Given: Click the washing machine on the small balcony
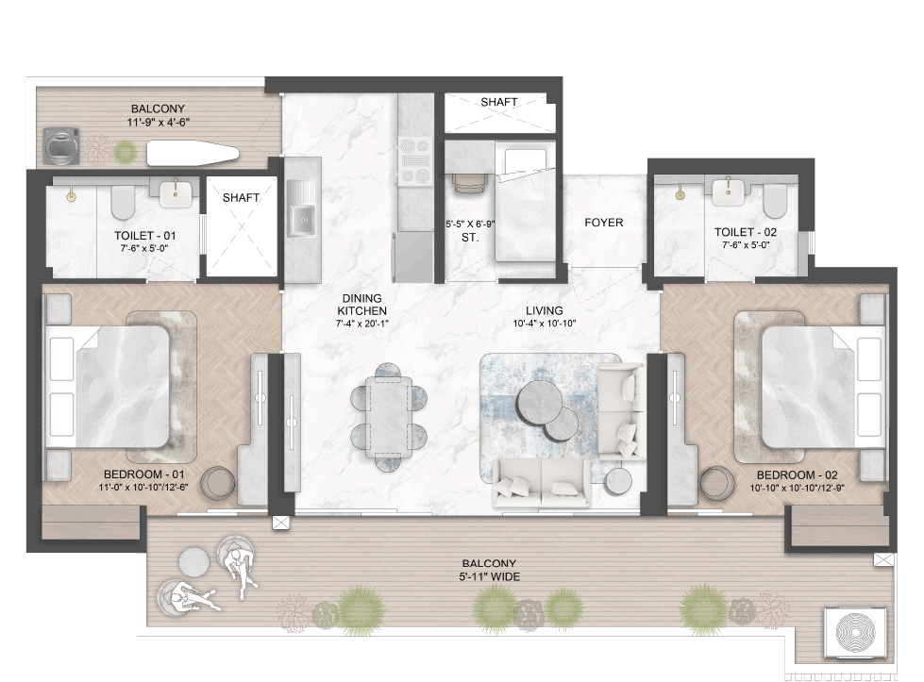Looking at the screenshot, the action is click(x=62, y=146).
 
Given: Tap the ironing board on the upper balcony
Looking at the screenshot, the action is click(x=193, y=153).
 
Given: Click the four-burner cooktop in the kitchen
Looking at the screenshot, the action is click(x=416, y=160).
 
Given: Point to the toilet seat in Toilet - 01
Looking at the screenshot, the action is click(x=123, y=201).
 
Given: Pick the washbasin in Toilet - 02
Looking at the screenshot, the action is click(x=729, y=192).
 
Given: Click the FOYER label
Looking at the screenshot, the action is click(x=603, y=223).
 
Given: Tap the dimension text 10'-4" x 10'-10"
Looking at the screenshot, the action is click(x=544, y=324).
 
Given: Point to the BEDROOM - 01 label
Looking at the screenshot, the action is click(x=143, y=474).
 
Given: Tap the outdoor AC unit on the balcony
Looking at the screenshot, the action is click(x=855, y=631).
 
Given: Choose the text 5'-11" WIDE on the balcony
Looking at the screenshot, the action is click(x=489, y=577).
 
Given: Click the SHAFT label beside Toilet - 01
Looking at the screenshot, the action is click(x=241, y=198).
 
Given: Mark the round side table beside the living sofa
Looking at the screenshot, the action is click(x=619, y=482).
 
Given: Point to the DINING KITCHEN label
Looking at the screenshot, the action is click(x=361, y=305).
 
